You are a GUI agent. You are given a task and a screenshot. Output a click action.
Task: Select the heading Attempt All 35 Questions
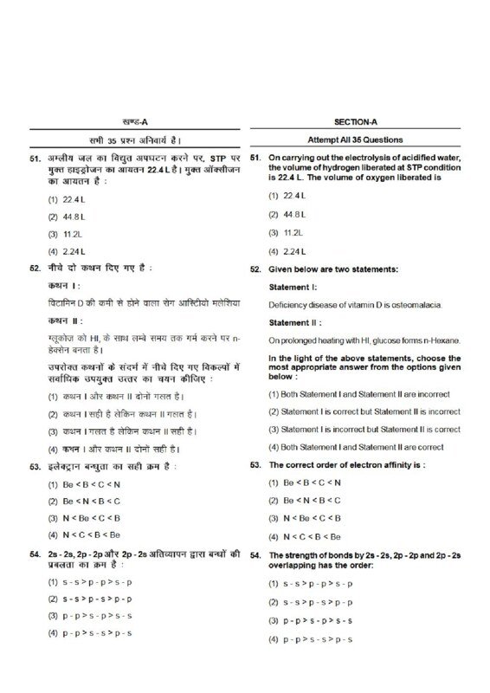tap(360, 139)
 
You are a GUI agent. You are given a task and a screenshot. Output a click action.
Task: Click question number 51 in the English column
tap(255, 159)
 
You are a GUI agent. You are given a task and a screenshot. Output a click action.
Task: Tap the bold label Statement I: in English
tap(293, 287)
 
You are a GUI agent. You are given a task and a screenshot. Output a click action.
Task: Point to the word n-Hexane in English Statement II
tap(442, 340)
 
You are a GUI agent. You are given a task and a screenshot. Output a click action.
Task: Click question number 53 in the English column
tap(255, 465)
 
